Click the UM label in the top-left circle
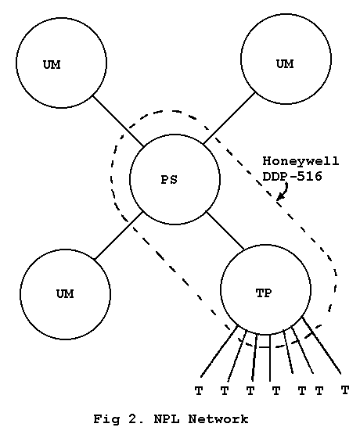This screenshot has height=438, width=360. pos(52,65)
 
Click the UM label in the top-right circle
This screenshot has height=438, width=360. pos(285,64)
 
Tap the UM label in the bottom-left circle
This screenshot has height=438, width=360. pos(65,294)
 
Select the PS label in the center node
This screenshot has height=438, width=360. pos(169,180)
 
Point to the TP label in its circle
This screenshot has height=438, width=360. pos(264,293)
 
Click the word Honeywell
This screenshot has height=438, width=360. pos(301,161)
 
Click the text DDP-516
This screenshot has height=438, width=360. pos(292,176)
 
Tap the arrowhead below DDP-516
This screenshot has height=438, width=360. pos(279,197)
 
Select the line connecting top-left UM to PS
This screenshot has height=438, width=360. pos(118,121)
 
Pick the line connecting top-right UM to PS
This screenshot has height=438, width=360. pos(229,118)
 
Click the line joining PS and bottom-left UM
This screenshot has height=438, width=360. pos(118,235)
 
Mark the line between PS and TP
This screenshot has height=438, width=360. pos(225,231)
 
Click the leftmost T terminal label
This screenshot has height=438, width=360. pos(199,391)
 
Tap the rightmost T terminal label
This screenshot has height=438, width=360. pos(345,390)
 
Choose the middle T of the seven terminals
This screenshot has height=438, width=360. pos(276,391)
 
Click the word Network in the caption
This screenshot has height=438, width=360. pos(218,419)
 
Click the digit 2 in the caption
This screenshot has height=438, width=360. pos(132,419)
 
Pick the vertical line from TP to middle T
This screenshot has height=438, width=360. pos(270,358)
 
